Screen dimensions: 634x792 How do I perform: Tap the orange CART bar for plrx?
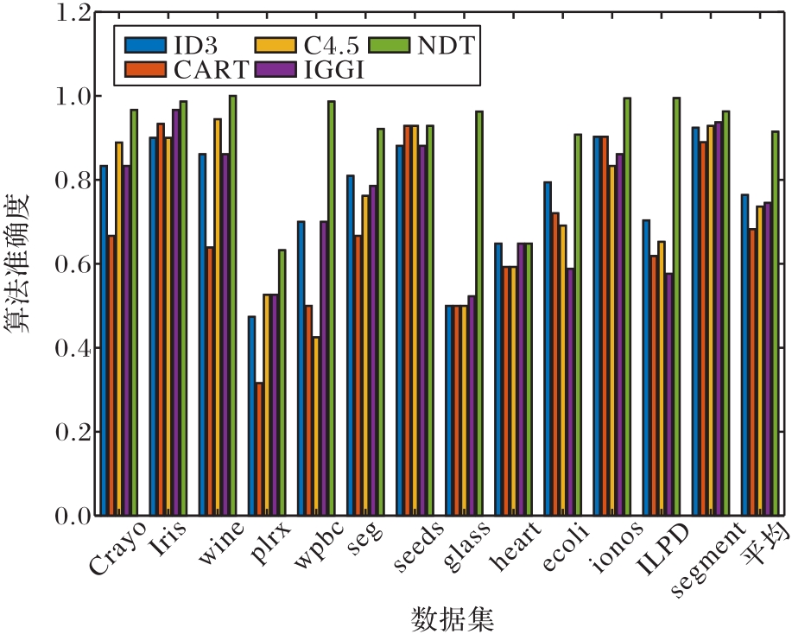[x=260, y=449]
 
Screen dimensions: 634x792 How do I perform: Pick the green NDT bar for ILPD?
[x=676, y=307]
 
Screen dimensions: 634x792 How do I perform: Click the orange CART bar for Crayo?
[x=111, y=375]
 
